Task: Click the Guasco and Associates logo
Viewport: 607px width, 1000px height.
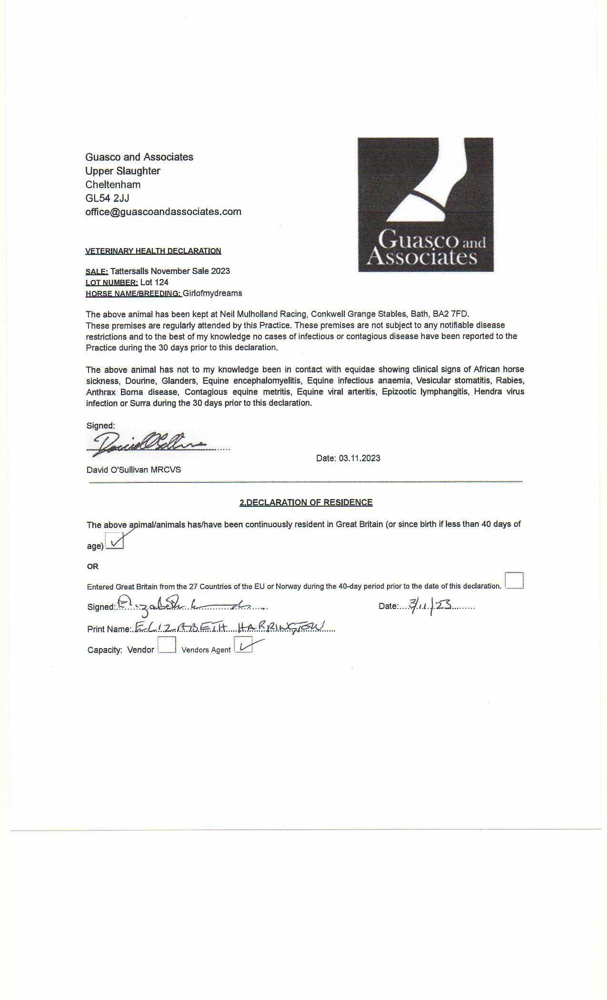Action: [426, 204]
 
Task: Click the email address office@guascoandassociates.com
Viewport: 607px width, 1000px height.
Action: [163, 212]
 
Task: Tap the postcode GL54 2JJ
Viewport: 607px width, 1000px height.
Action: [107, 198]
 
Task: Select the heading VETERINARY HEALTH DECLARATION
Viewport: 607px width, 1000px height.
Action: [153, 251]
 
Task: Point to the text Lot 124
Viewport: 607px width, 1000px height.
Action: [154, 282]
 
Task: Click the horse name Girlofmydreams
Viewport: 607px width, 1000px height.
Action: [212, 293]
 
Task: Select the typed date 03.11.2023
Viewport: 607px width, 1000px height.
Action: [359, 459]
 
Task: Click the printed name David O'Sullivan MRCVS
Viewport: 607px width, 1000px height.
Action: [134, 470]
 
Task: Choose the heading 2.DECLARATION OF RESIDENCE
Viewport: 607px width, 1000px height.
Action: [306, 502]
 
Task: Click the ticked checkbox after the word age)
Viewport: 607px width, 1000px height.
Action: [114, 542]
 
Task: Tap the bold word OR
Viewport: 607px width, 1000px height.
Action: [93, 567]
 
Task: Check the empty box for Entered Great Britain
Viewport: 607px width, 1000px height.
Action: [514, 580]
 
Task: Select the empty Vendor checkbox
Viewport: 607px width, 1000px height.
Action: [167, 646]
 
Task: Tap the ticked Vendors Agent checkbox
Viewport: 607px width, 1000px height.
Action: [243, 646]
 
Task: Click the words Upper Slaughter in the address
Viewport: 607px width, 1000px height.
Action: [123, 171]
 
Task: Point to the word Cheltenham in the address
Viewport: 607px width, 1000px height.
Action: [113, 185]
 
